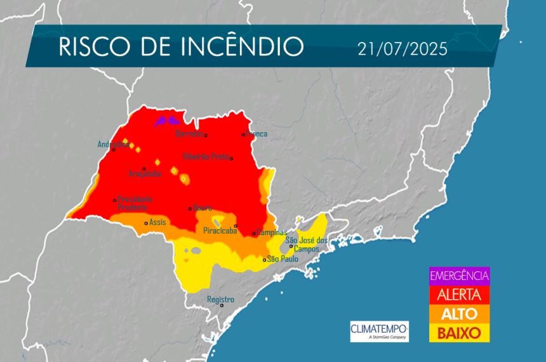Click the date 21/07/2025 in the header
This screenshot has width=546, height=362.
point(402,48)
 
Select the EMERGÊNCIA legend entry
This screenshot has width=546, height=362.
point(459,276)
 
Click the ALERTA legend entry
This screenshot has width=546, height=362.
point(459,295)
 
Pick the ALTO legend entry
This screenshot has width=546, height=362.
point(459,314)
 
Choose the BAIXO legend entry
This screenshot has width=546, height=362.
point(459,332)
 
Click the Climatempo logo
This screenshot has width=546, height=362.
point(379,330)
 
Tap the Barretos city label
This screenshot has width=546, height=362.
point(189,134)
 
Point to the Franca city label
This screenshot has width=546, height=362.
point(256,134)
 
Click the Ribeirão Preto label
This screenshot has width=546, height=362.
point(205,156)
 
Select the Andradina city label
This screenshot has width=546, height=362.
point(113,144)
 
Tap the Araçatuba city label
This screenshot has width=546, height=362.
point(145,173)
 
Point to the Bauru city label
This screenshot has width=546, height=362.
point(202,208)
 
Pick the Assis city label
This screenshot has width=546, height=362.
point(157,222)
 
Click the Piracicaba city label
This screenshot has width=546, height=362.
point(220,231)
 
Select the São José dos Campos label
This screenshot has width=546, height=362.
point(307,244)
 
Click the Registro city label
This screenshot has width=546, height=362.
point(220,299)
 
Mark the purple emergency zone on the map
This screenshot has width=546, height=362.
point(167,121)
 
